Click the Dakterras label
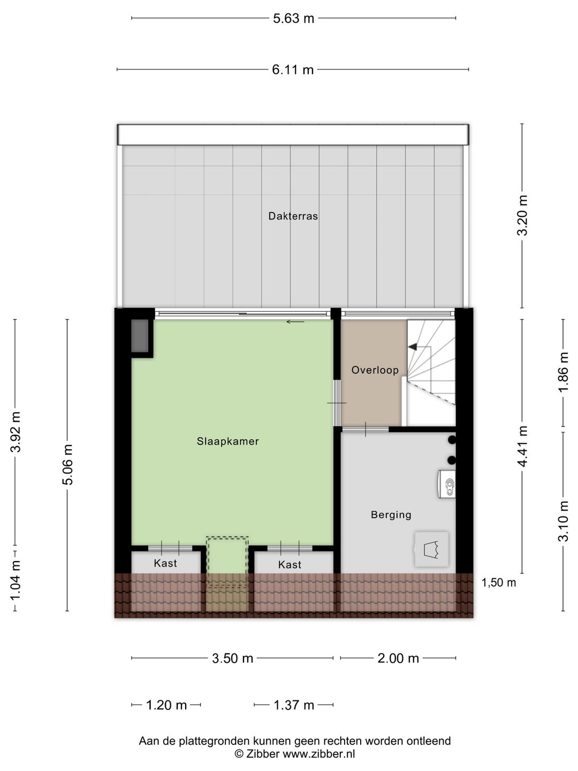293,216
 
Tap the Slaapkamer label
228,441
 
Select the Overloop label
375,370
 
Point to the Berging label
391,515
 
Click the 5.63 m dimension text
293,18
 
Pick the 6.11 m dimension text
293,70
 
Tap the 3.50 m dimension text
232,659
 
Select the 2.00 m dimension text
398,659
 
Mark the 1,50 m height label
499,583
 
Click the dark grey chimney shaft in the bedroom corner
140,336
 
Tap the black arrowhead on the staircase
412,347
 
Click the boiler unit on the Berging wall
446,485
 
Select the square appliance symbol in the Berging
431,549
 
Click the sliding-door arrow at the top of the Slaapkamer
295,322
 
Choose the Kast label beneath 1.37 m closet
290,565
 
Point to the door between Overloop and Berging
366,429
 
